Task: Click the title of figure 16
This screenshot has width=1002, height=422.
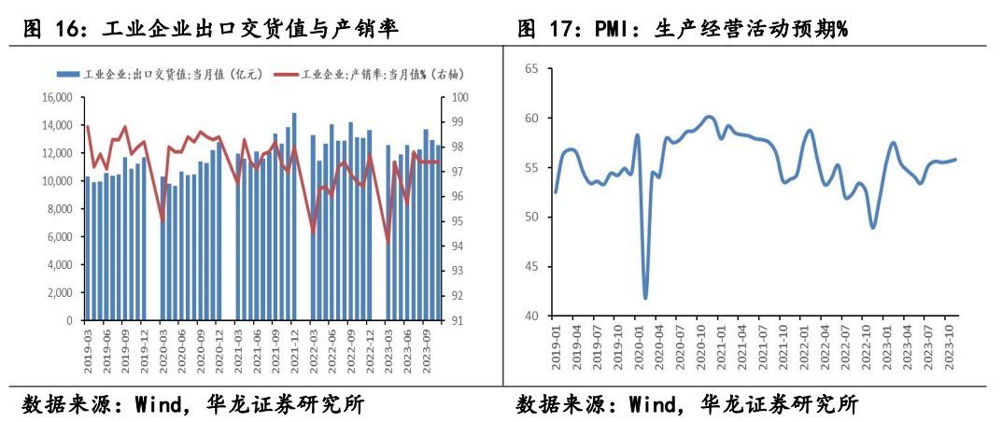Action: click(x=210, y=29)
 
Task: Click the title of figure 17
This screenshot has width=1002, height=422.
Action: click(x=682, y=29)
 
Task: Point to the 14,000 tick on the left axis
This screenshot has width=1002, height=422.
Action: click(x=58, y=125)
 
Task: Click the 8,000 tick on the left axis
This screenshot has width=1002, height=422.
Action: click(x=61, y=209)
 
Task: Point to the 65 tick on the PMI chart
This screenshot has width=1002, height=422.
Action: click(x=532, y=69)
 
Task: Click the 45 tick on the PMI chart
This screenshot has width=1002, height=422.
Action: click(x=532, y=267)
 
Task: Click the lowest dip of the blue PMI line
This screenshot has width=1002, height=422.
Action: click(x=645, y=298)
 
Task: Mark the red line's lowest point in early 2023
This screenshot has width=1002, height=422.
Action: click(x=388, y=242)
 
